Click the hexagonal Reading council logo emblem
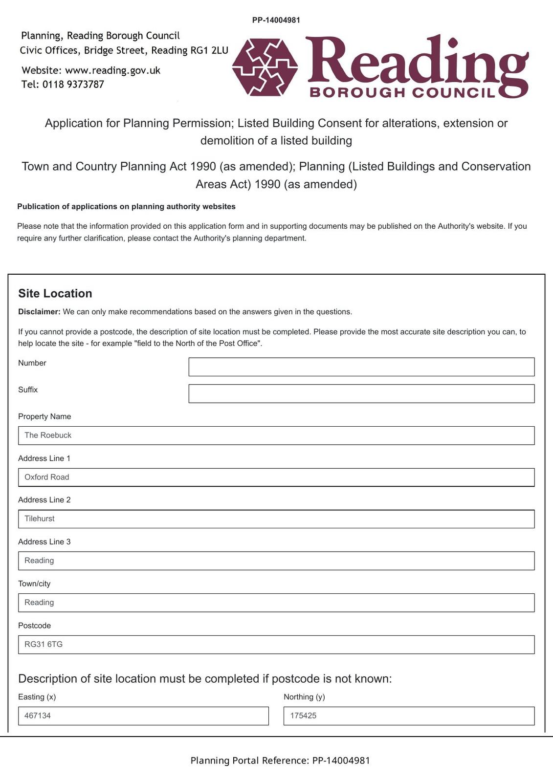(x=265, y=67)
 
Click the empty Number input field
(x=361, y=367)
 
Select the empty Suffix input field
(x=361, y=393)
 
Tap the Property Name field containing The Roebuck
(x=276, y=435)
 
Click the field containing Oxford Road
(x=276, y=477)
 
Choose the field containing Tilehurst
(x=276, y=519)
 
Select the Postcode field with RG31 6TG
(x=276, y=645)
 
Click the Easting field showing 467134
(x=143, y=716)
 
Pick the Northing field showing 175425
(x=409, y=716)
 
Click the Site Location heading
(x=55, y=293)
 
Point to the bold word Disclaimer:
(x=39, y=312)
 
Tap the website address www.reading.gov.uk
(x=112, y=70)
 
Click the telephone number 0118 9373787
(x=73, y=85)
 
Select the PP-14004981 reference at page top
(x=276, y=20)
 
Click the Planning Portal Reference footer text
(x=280, y=760)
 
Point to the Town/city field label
(x=34, y=584)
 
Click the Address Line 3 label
(x=44, y=542)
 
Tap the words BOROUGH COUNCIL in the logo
(x=402, y=92)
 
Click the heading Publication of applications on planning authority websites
(x=126, y=207)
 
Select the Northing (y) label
(x=304, y=697)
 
